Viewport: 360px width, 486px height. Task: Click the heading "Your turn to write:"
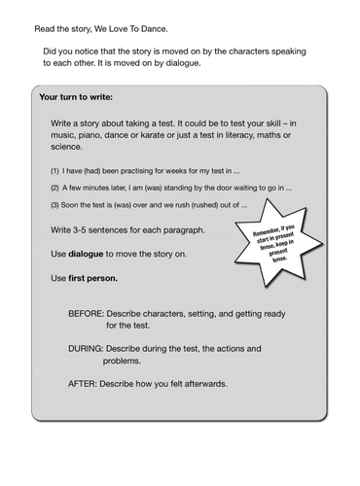pos(75,98)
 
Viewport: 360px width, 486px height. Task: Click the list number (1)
pos(55,168)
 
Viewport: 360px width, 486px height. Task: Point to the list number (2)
pos(55,187)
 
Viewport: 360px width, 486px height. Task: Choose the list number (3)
pos(55,205)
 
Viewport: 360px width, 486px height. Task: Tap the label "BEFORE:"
pos(90,314)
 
